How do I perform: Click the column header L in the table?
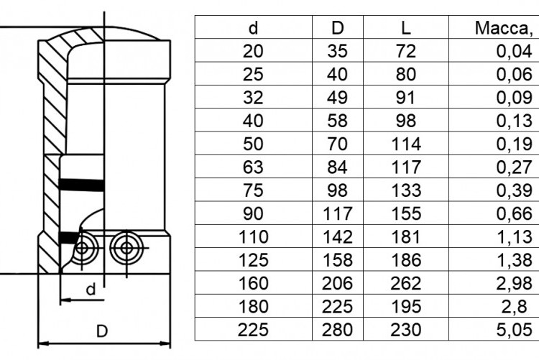[406, 28]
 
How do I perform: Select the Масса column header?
[504, 29]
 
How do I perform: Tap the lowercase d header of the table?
[254, 28]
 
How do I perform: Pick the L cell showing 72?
[406, 51]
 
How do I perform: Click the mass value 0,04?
[515, 51]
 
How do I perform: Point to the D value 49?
[337, 97]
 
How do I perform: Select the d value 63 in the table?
[253, 167]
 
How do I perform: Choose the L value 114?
[406, 144]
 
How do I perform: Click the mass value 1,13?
[515, 237]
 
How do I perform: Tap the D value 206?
[337, 283]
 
